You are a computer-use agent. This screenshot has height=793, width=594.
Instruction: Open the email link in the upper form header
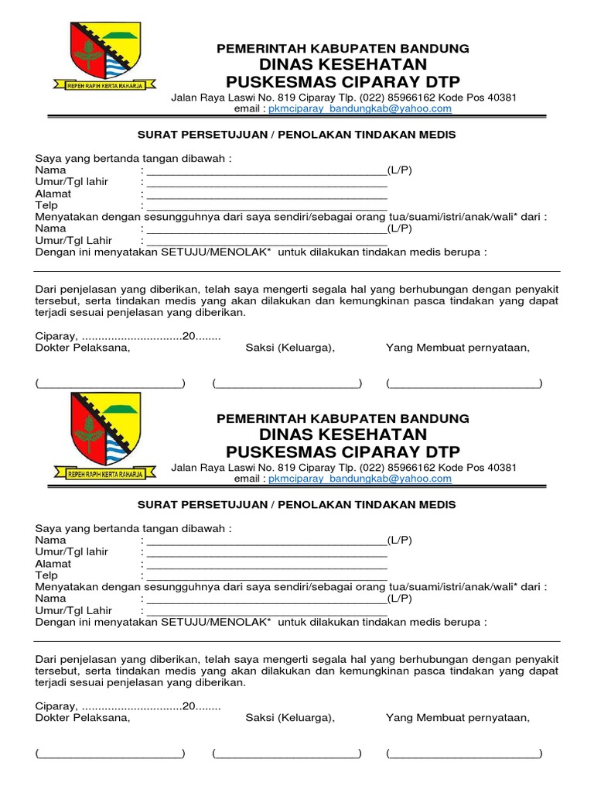360,109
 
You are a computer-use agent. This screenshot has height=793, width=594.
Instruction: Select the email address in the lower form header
360,479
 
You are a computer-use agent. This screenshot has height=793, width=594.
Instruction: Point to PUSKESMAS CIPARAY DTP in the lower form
343,451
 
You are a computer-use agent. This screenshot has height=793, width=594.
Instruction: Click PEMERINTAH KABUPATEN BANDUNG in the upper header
343,48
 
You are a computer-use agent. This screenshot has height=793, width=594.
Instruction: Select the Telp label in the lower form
47,575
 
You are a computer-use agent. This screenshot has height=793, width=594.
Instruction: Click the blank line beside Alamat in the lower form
267,565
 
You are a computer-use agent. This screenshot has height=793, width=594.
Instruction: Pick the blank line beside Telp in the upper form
267,208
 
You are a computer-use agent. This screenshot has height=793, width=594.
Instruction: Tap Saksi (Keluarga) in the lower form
290,718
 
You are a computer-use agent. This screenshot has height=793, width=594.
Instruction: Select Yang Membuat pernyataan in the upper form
458,348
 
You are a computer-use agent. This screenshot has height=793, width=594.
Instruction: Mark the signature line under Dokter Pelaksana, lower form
110,754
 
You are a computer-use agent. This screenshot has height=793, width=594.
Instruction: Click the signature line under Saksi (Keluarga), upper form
287,384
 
